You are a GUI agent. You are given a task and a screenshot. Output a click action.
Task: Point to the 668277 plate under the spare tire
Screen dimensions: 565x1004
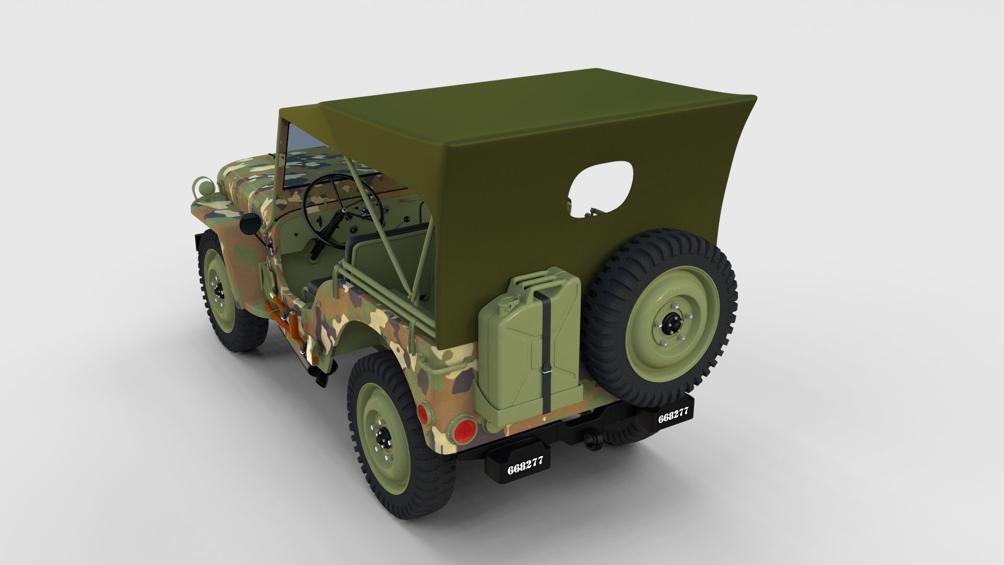(x=673, y=417)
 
